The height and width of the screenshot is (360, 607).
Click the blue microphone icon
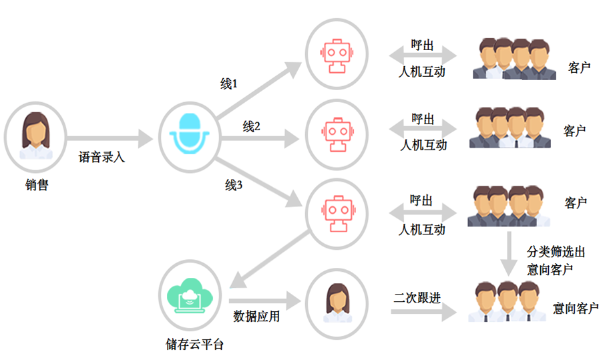coord(189,134)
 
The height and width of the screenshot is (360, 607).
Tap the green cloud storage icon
coord(190,295)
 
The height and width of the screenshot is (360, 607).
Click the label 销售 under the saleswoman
coord(37,184)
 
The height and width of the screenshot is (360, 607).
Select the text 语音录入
coord(102,157)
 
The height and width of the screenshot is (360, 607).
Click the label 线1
coord(229,83)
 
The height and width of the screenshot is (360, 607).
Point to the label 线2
coord(251,126)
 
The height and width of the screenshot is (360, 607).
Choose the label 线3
coord(234,185)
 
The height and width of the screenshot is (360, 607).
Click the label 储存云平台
coord(195,344)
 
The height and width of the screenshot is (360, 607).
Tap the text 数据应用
coord(256,316)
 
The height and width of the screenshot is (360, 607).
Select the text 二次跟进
coord(417,297)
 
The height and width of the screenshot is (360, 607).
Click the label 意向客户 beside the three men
coord(576,308)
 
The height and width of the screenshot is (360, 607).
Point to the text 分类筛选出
coord(556,252)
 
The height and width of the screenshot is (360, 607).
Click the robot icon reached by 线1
coord(337,55)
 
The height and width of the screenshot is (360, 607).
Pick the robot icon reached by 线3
coord(338,213)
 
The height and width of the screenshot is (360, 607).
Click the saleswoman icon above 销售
coord(35,136)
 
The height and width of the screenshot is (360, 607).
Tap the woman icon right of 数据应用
coord(338,303)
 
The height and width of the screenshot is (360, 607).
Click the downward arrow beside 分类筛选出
coord(509,254)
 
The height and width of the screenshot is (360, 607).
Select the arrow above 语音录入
coord(110,138)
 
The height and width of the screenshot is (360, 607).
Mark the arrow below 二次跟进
coord(424,312)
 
